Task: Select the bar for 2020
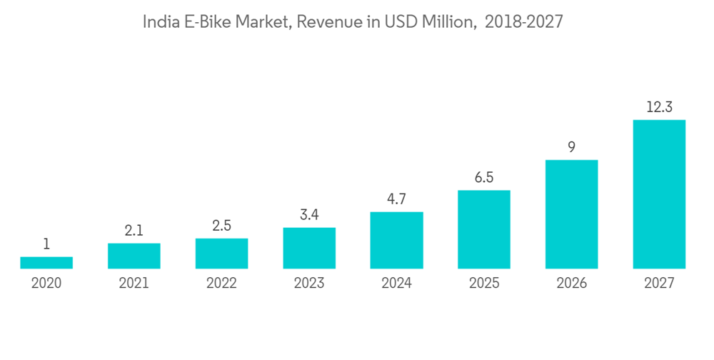(46, 263)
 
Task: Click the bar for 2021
(134, 256)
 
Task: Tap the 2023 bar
(309, 248)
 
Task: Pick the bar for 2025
(484, 229)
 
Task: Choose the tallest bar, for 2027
(659, 194)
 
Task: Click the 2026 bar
(571, 214)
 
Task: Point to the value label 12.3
(659, 108)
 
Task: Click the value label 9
(571, 148)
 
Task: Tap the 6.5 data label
(484, 178)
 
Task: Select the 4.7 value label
(396, 200)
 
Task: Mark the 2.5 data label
(221, 226)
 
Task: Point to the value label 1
(46, 244)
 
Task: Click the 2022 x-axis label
(221, 283)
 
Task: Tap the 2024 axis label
(396, 283)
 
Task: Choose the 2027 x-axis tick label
(659, 283)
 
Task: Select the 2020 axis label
(46, 283)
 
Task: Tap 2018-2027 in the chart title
(524, 22)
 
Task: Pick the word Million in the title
(446, 22)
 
